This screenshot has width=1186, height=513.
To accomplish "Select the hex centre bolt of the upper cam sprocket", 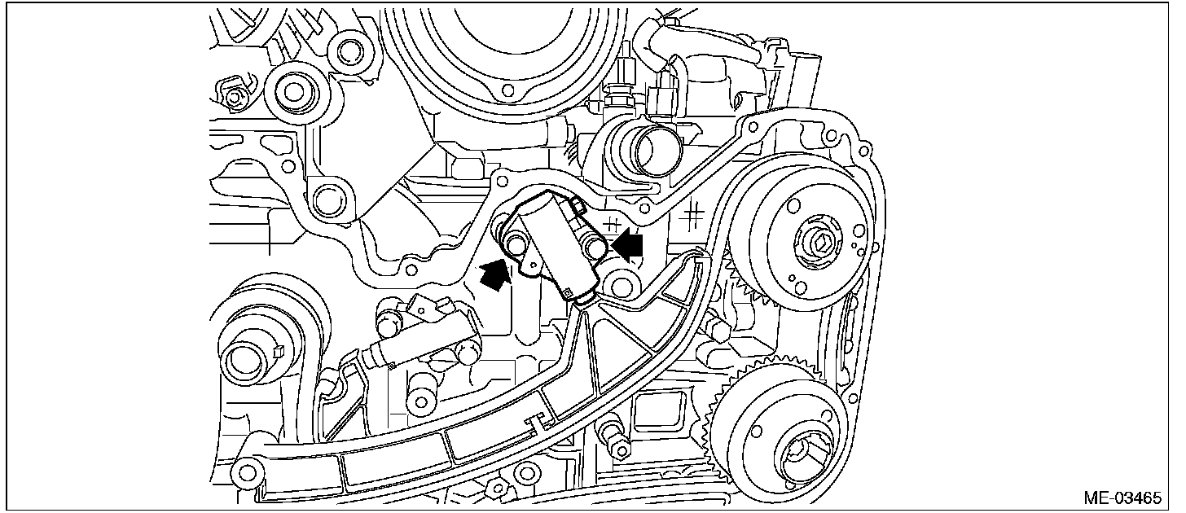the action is pyautogui.click(x=819, y=241).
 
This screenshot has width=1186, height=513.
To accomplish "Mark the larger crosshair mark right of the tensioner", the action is pyautogui.click(x=692, y=214).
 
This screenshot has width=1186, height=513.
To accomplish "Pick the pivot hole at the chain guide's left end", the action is pyautogui.click(x=244, y=470).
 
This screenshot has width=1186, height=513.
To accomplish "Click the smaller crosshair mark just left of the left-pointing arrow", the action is pyautogui.click(x=613, y=221).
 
